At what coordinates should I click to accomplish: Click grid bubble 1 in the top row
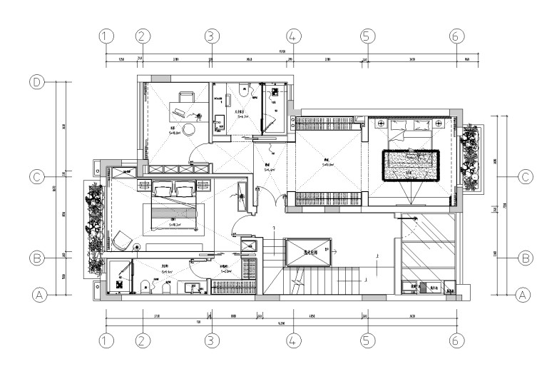coord(106,35)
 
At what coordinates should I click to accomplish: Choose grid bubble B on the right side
coord(524,257)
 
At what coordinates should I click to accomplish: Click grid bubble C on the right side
coord(524,176)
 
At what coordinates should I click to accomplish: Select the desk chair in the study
coord(186,96)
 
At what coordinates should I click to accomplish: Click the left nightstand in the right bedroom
coord(376,125)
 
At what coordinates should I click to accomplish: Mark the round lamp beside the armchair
coord(136,248)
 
